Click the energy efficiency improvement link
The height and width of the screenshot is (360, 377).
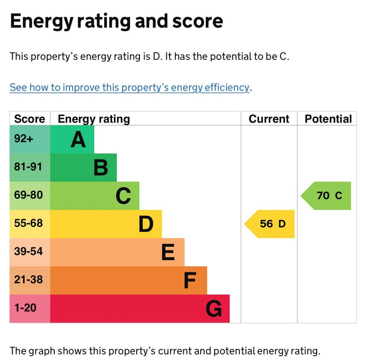click(129, 88)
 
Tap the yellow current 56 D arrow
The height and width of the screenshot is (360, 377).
click(270, 224)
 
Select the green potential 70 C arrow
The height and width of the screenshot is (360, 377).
click(327, 196)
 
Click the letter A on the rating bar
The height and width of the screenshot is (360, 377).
click(78, 139)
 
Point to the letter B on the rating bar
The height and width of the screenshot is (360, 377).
click(101, 168)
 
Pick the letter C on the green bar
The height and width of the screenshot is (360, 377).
click(123, 196)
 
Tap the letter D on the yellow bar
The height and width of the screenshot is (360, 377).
click(146, 224)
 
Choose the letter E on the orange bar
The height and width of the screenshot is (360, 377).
click(168, 253)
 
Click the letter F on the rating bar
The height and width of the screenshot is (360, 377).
click(190, 281)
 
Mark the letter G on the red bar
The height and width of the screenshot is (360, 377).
click(213, 309)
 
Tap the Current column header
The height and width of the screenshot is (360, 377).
click(269, 119)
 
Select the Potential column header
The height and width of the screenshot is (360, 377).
click(328, 119)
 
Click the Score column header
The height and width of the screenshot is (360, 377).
click(30, 119)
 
